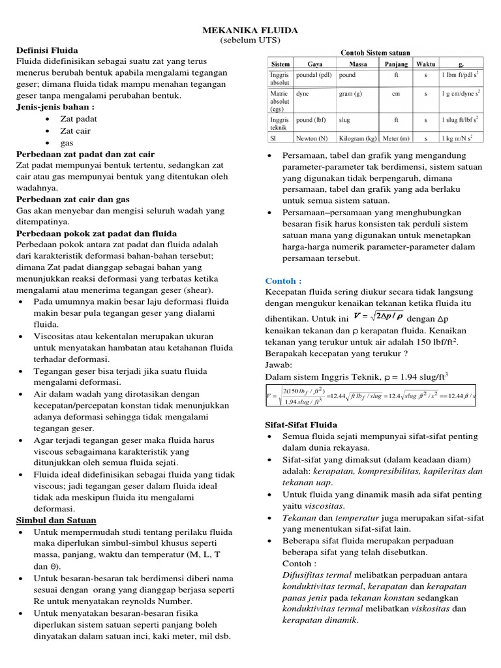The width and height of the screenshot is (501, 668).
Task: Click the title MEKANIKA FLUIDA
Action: click(250, 30)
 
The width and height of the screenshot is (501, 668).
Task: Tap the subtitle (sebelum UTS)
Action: click(250, 40)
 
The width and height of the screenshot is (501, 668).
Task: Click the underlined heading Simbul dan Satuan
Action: click(56, 520)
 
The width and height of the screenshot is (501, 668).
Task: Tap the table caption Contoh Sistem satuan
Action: click(375, 53)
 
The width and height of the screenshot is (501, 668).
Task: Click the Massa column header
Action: click(357, 65)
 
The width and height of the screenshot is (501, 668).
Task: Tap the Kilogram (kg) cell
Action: click(357, 138)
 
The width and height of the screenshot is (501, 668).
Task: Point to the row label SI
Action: click(274, 138)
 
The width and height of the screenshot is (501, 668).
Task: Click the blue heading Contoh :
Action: click(284, 281)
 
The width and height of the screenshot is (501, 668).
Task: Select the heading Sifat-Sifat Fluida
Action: click(303, 424)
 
